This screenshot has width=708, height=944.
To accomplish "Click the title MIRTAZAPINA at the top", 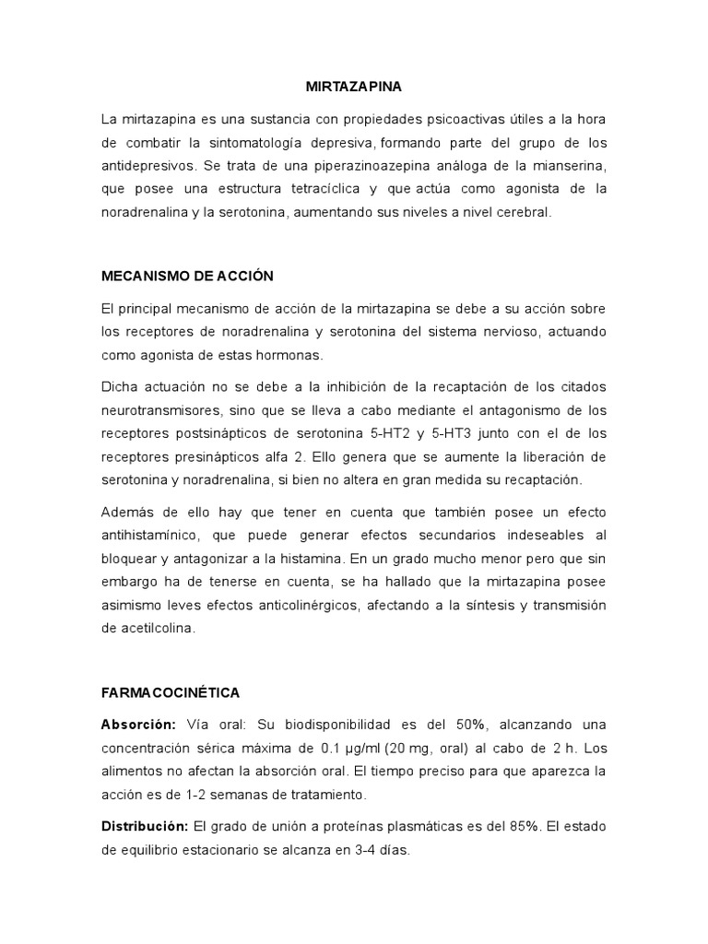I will (x=354, y=88).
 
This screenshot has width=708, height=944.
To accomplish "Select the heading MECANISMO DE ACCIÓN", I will (x=187, y=276).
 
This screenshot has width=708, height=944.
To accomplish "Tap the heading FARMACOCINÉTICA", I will (x=171, y=691).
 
